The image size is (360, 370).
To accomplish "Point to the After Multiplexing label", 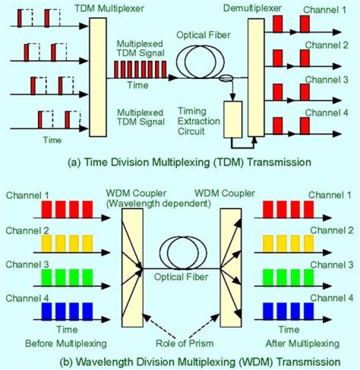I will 316,344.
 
